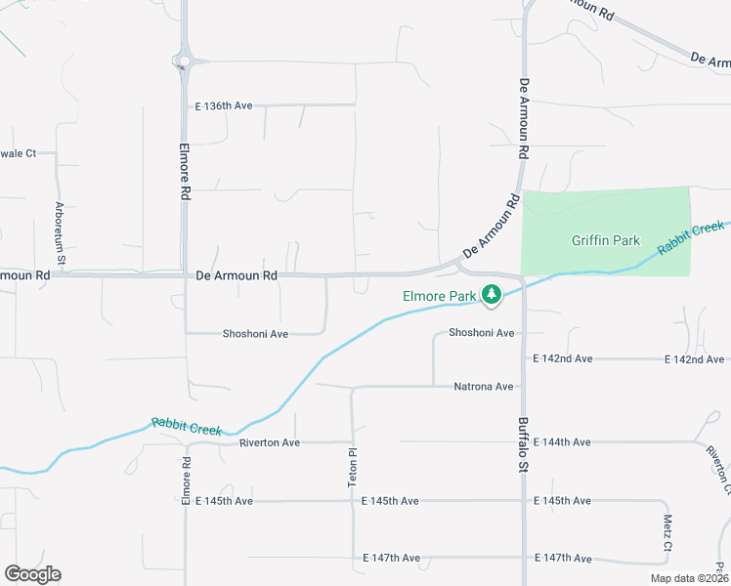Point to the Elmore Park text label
[x=439, y=296]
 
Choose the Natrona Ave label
[x=483, y=387]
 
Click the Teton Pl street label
[x=353, y=468]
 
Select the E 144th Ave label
[x=562, y=442]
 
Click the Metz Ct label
[x=667, y=532]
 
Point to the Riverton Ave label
[x=270, y=442]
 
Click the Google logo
[x=32, y=574]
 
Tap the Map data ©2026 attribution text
[x=689, y=578]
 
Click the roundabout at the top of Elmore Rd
[x=184, y=62]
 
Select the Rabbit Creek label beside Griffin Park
[x=691, y=238]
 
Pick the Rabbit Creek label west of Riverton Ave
[x=187, y=426]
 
